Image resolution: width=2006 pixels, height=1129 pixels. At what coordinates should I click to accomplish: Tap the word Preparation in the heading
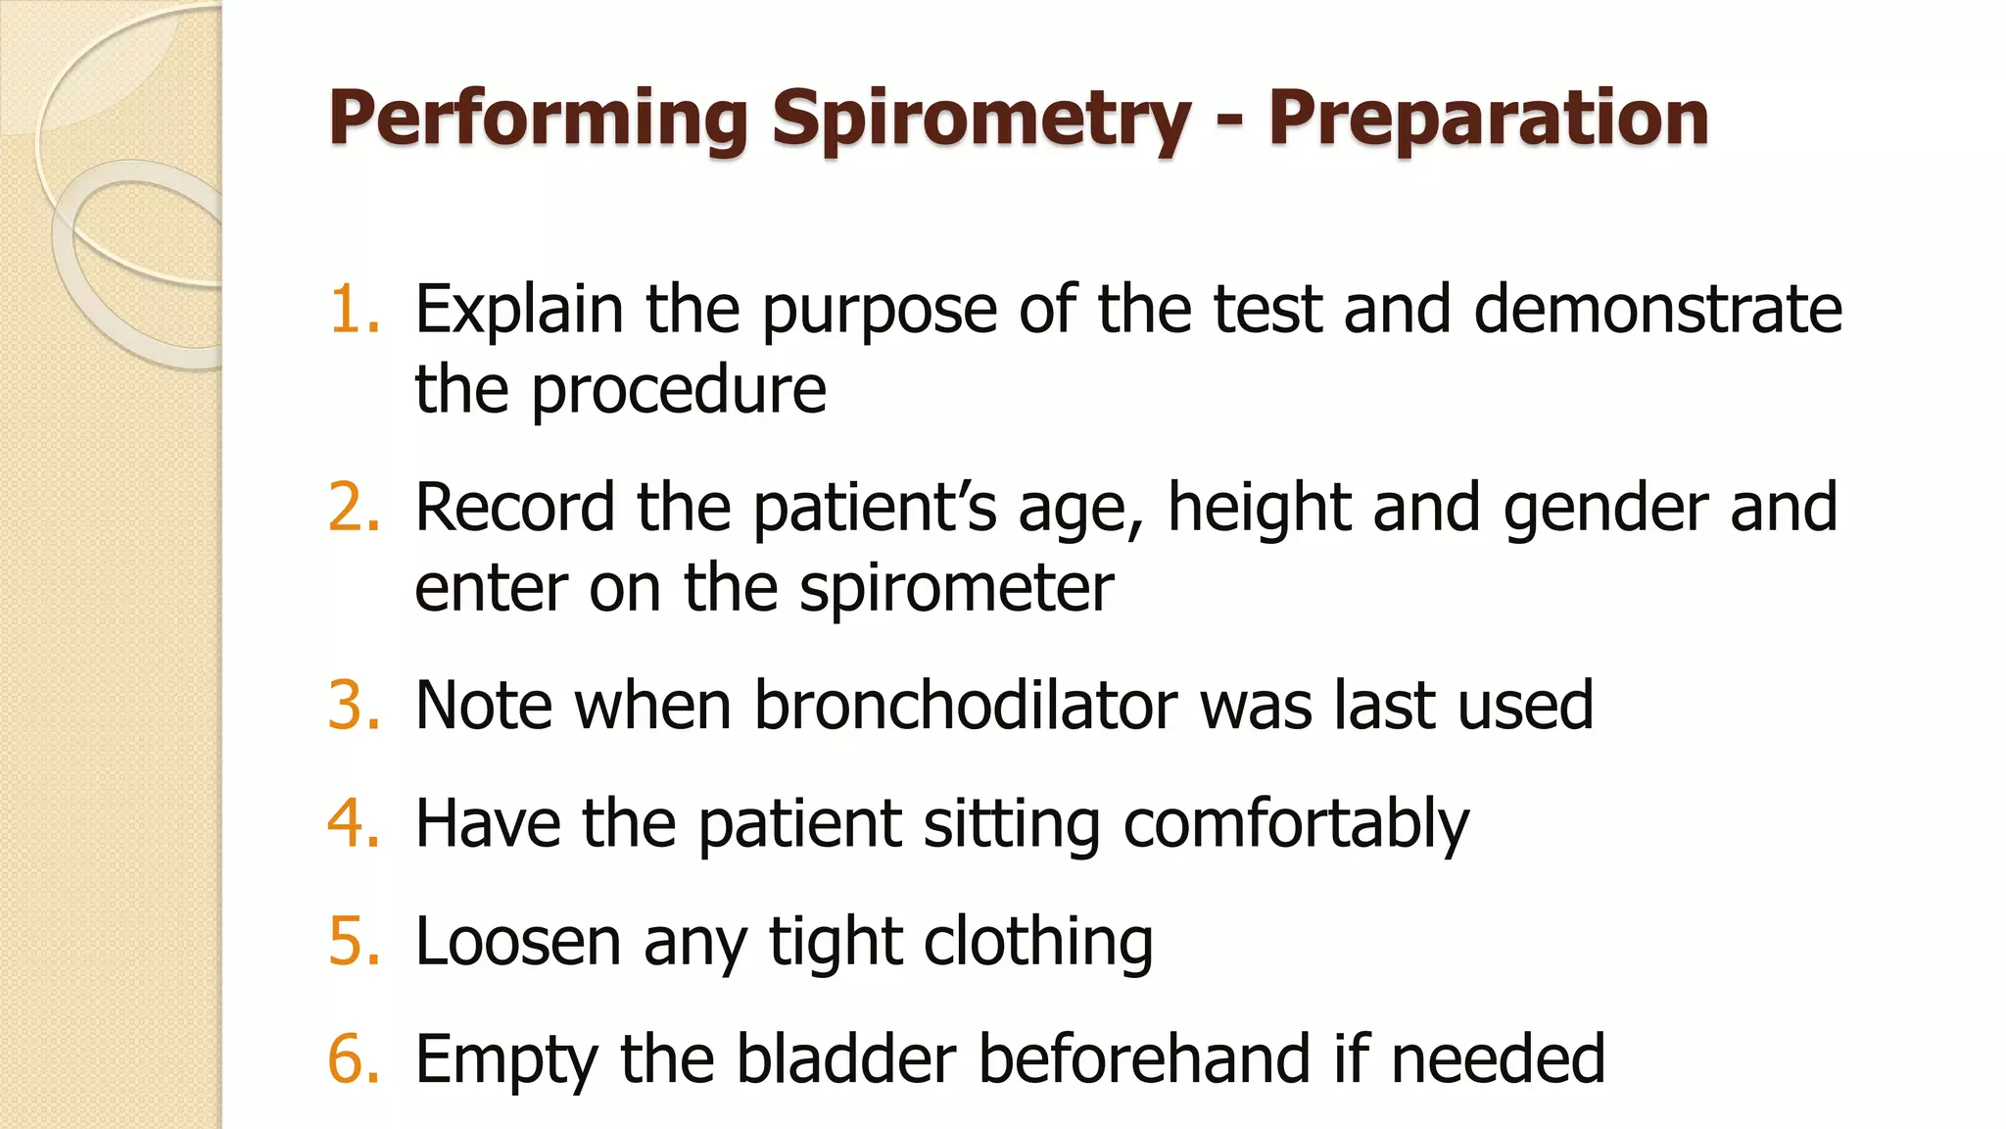coord(1489,120)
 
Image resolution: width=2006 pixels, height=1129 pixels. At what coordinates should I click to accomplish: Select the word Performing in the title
coord(539,120)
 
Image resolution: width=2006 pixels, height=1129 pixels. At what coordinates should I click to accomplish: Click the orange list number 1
coord(353,310)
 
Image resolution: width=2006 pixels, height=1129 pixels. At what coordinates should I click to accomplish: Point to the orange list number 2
coord(353,508)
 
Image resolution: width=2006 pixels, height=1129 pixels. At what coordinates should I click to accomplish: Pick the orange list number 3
coord(353,706)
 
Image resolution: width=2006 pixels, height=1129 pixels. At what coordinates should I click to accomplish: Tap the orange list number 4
coord(353,823)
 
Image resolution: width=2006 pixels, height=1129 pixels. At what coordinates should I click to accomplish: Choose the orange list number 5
coord(353,942)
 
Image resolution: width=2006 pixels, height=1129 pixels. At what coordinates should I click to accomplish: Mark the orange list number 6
coord(353,1059)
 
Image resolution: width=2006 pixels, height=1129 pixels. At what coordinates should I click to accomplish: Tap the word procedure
coord(679,391)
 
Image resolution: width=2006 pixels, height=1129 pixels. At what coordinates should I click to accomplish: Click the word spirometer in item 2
coord(956,590)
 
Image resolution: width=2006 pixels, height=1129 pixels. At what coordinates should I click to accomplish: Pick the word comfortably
coord(1295,825)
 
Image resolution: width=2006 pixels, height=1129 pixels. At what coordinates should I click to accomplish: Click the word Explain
coord(519,310)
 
